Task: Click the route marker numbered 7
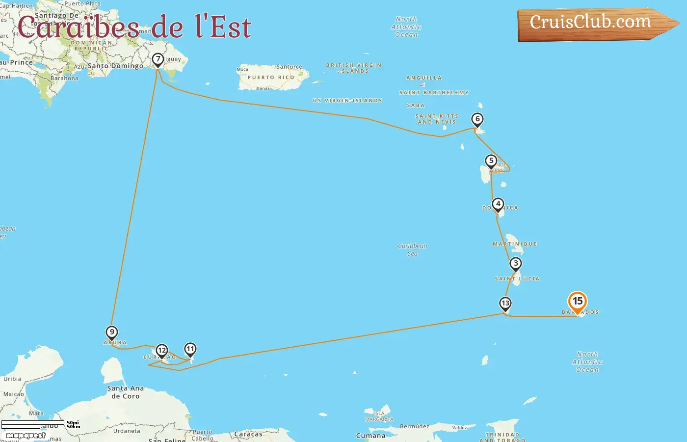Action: coord(158,59)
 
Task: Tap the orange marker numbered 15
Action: coord(578,302)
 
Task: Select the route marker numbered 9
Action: coord(112,332)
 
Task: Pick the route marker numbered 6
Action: coord(477,119)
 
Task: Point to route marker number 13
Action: coord(505,304)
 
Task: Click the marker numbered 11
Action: coord(190,349)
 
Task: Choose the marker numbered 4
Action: coord(498,204)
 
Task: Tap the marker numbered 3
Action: coord(515,264)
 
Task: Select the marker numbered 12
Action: coord(161,351)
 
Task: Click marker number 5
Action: coord(491,161)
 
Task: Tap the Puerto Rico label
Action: coord(271,78)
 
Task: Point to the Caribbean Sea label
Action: coord(412,249)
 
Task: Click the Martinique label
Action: coord(515,244)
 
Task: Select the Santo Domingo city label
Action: coord(116,66)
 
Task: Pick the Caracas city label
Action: coord(248,434)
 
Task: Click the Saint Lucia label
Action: coord(517,279)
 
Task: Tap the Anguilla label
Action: coord(424,78)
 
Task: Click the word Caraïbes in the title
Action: coord(79,28)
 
